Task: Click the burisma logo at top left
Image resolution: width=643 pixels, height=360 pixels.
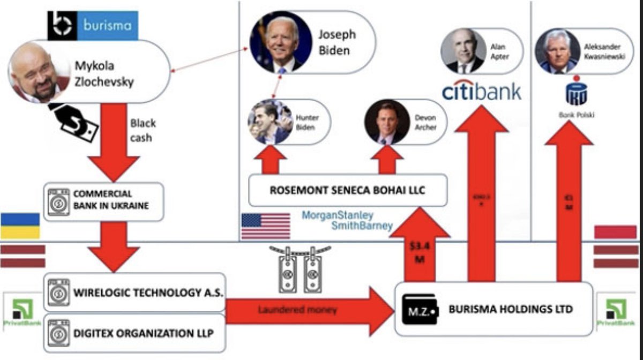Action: (x=93, y=26)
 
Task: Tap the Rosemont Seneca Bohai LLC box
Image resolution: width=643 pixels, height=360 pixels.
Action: (x=348, y=190)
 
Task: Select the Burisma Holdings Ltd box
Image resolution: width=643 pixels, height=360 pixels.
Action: (x=494, y=309)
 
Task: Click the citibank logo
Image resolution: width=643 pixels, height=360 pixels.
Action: (x=481, y=91)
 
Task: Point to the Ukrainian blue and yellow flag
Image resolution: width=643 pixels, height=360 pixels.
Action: (x=20, y=226)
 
